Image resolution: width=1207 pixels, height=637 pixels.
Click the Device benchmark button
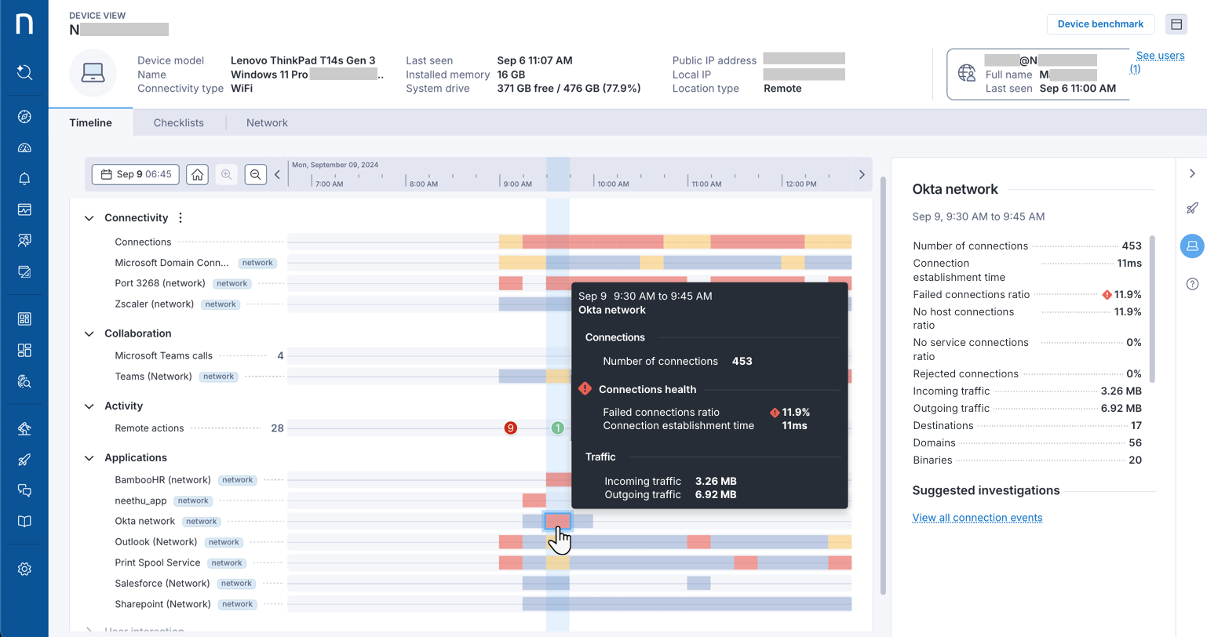[x=1099, y=24]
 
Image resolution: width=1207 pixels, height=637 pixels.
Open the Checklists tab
[x=178, y=123]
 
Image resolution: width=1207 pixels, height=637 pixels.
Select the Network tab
[x=267, y=123]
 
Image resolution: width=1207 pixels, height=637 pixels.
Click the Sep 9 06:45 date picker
[x=136, y=174]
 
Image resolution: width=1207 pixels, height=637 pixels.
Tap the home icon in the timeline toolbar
[x=197, y=174]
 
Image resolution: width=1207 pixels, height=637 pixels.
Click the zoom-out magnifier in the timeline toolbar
[x=255, y=174]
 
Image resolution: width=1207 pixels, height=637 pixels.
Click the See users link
[x=1160, y=56]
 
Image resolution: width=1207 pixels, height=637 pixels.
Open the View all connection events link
[x=977, y=518]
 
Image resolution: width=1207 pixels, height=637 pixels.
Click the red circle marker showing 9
[x=511, y=428]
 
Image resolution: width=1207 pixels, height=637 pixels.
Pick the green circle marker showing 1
[x=557, y=428]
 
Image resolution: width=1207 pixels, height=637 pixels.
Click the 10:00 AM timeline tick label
[x=613, y=184]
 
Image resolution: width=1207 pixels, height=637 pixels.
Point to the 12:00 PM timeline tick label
[x=800, y=184]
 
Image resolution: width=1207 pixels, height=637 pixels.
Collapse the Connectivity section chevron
[x=89, y=218]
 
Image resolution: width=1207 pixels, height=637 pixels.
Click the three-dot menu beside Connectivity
[x=181, y=218]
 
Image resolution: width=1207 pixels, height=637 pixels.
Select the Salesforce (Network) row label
[x=162, y=584]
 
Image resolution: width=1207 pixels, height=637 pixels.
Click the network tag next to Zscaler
[x=221, y=304]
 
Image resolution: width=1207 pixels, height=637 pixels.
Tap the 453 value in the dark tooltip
[x=742, y=362]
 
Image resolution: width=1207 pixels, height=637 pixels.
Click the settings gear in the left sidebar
[x=24, y=570]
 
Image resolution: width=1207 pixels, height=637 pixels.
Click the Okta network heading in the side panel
[x=955, y=190]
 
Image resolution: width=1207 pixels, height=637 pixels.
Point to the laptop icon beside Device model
[x=93, y=73]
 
